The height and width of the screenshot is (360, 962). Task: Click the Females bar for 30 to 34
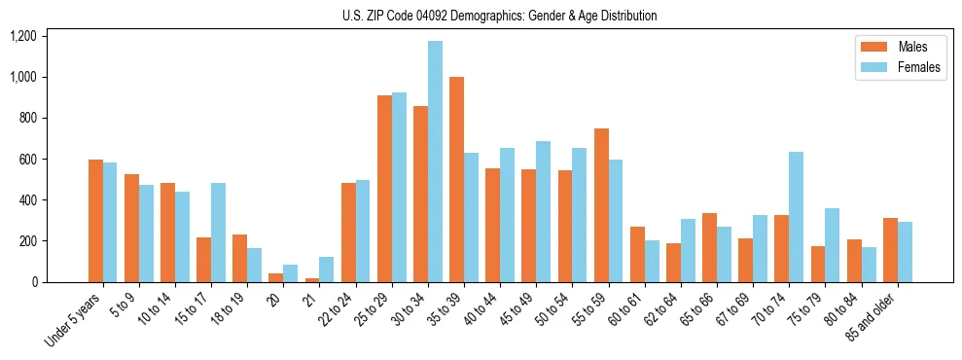tap(435, 162)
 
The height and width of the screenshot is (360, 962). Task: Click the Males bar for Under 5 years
tap(95, 221)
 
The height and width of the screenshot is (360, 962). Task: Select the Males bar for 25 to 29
tap(384, 189)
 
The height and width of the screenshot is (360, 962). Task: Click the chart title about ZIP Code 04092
tap(499, 16)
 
